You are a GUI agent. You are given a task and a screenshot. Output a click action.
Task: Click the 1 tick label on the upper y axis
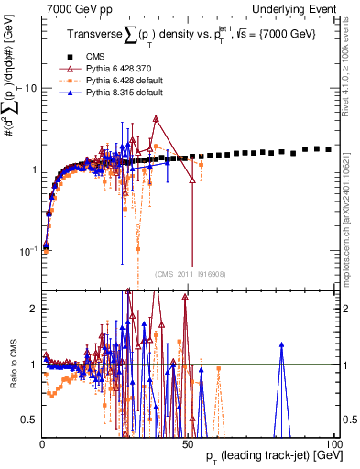coord(34,169)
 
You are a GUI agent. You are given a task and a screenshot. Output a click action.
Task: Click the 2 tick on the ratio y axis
coord(34,309)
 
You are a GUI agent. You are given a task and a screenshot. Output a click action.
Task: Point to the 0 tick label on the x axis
coord(42,443)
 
